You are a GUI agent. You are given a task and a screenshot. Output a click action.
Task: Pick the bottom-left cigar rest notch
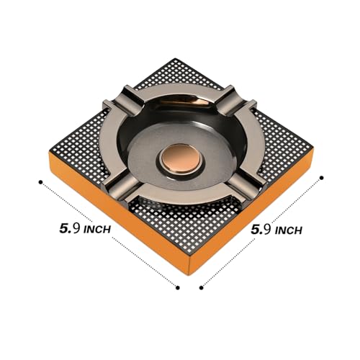[x=121, y=188]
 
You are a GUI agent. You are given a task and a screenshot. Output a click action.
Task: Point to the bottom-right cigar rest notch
[x=247, y=185]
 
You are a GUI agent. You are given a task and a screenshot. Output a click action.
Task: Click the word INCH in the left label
[x=97, y=230]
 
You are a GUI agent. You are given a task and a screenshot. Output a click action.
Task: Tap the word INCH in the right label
[x=289, y=231]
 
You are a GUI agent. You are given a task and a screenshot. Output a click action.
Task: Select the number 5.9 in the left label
[x=70, y=228]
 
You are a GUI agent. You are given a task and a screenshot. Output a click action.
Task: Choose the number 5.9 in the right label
[x=261, y=230]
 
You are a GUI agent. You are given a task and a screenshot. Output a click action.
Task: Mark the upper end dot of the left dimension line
[x=40, y=182]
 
